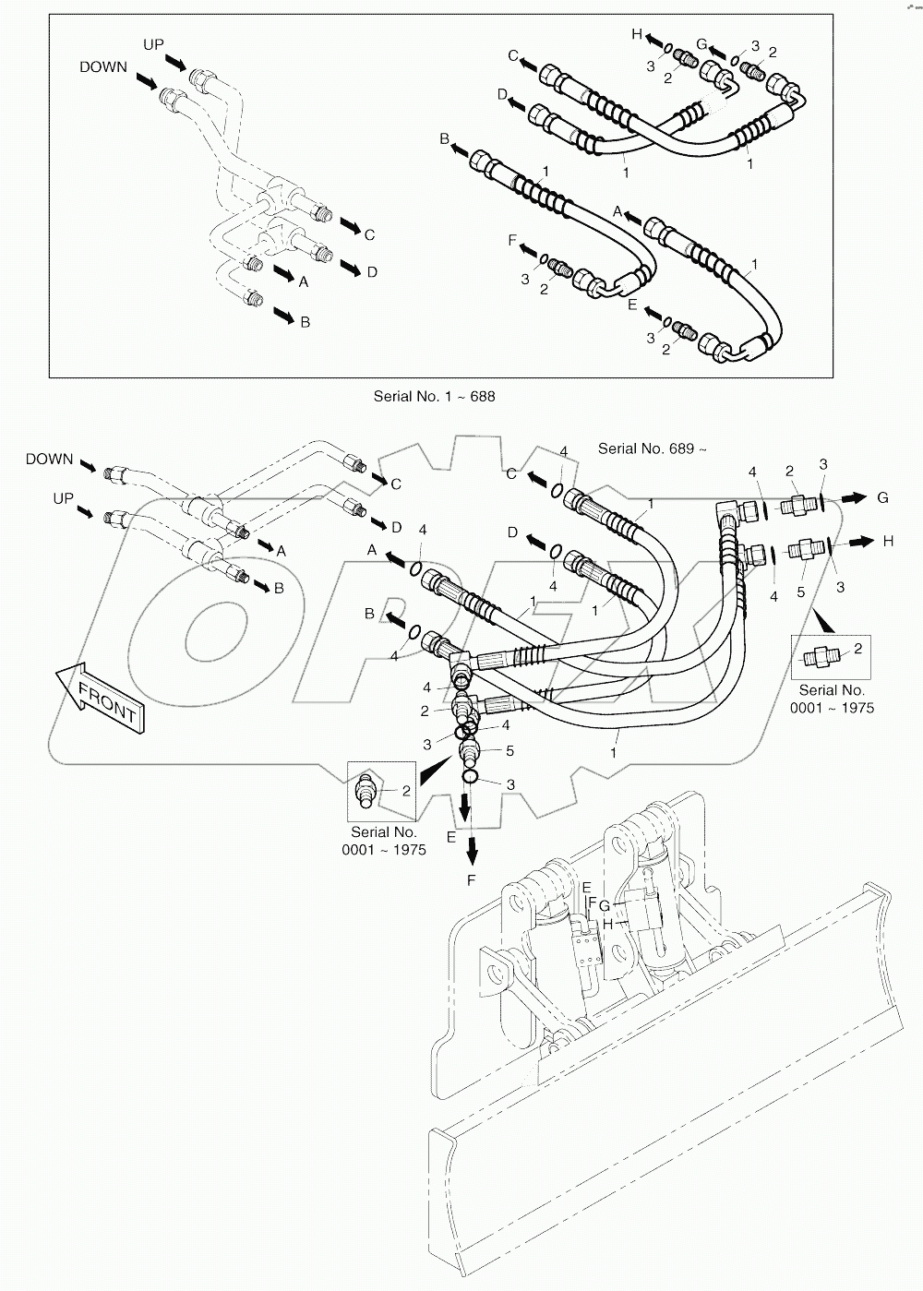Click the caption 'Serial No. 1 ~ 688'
[x=434, y=397]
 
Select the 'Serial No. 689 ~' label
[x=652, y=448]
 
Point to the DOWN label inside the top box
[x=103, y=67]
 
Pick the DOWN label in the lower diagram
[x=49, y=459]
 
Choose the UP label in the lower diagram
[x=63, y=498]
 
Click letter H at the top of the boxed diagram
[x=636, y=34]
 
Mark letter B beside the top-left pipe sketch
[x=305, y=322]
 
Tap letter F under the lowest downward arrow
[x=471, y=880]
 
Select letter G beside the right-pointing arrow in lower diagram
[x=882, y=497]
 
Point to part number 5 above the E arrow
[x=509, y=751]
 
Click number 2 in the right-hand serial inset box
[x=857, y=650]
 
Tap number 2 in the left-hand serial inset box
[x=406, y=790]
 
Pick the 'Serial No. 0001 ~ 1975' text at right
[x=832, y=699]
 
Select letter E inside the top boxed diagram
[x=632, y=304]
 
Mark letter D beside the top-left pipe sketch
[x=371, y=272]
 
